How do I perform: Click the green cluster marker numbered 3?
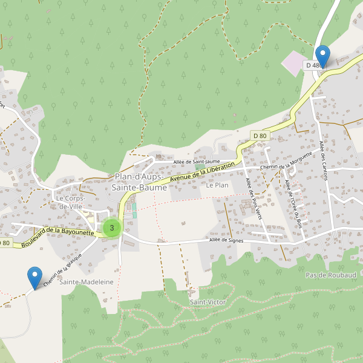tap(112, 227)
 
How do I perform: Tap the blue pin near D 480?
tap(323, 56)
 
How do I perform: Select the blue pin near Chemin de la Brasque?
tap(36, 278)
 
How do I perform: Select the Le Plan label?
tap(217, 185)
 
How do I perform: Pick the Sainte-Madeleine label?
tap(87, 282)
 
